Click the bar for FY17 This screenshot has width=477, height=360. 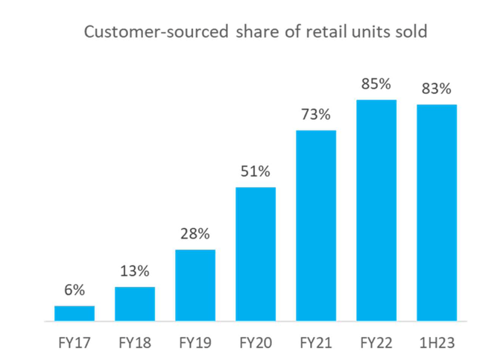click(x=75, y=313)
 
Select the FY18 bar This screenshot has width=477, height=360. click(x=135, y=303)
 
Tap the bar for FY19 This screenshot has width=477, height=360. click(x=195, y=285)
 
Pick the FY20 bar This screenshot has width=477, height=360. click(x=256, y=253)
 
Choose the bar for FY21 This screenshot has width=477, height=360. click(x=316, y=225)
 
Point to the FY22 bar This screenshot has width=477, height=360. click(x=376, y=210)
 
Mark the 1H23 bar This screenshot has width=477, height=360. click(x=437, y=212)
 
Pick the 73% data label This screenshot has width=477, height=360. click(x=316, y=116)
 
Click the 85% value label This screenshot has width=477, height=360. click(x=376, y=84)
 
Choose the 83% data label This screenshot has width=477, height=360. click(x=437, y=89)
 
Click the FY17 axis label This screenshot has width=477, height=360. click(x=75, y=344)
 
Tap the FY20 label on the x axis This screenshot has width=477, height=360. click(x=256, y=344)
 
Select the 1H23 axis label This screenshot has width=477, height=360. click(x=437, y=344)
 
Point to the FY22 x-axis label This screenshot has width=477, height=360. click(x=376, y=344)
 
